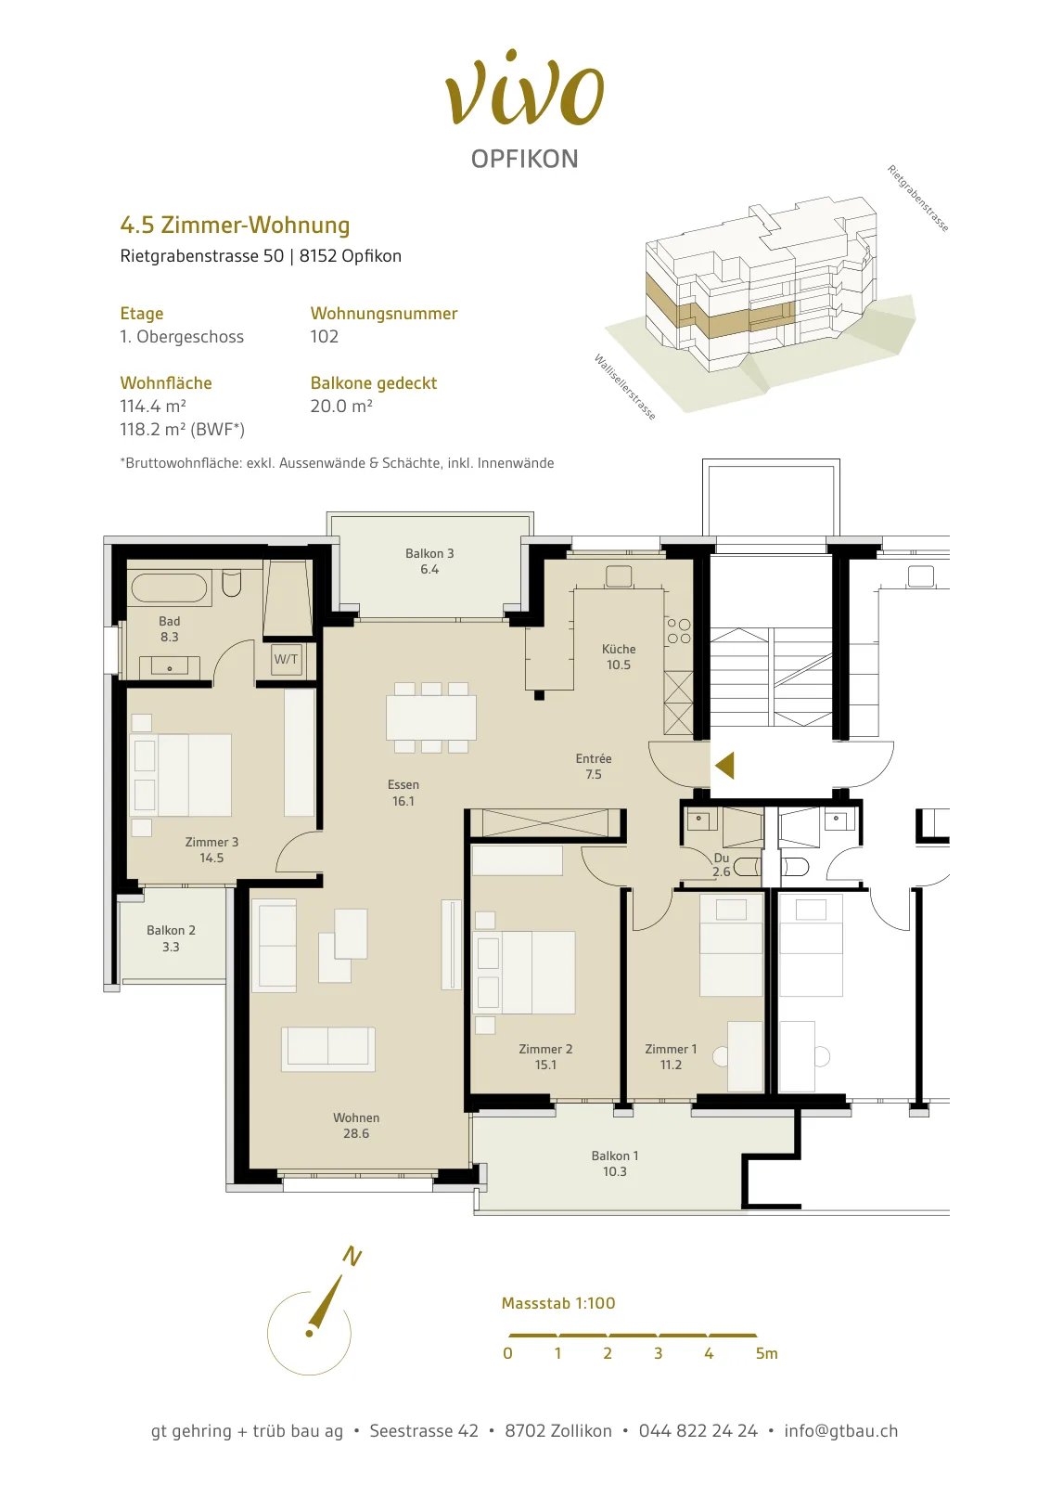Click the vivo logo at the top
[525, 89]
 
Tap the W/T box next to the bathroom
[287, 660]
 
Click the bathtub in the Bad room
[170, 588]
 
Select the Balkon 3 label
[429, 553]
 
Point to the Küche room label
[619, 649]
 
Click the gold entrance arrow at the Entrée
[724, 766]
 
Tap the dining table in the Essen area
[431, 717]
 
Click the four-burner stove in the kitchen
[678, 631]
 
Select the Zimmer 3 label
[211, 842]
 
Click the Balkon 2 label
[171, 931]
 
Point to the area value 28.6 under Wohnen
[356, 1133]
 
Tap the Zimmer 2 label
[545, 1049]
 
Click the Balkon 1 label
[615, 1156]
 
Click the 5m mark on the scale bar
[766, 1353]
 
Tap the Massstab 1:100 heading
[558, 1303]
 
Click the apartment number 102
[324, 337]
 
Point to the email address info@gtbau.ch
[840, 1431]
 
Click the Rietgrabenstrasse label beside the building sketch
[918, 199]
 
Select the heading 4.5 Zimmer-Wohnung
[235, 226]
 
